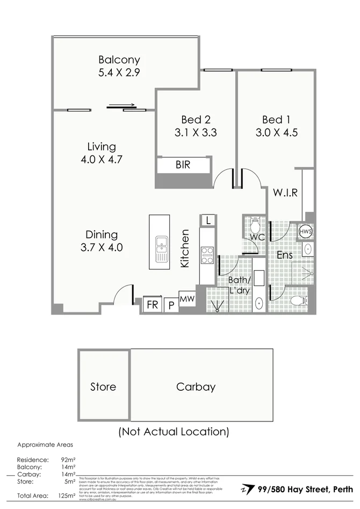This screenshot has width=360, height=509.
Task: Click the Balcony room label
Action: click(x=119, y=60)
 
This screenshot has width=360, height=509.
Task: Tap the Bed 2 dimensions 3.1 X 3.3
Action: click(x=196, y=132)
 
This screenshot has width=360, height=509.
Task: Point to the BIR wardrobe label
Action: click(x=183, y=166)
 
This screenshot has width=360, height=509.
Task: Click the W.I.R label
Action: click(x=285, y=192)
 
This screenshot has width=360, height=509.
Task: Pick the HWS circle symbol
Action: click(x=306, y=231)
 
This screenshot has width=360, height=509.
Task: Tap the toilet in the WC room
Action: click(x=255, y=223)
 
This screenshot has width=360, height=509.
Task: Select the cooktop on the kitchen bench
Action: click(x=207, y=255)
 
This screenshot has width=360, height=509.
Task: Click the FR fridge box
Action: click(x=153, y=305)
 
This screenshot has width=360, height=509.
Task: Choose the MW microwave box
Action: click(x=187, y=298)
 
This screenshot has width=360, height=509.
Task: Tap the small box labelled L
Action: click(x=207, y=220)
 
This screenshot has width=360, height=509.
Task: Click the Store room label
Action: click(x=103, y=386)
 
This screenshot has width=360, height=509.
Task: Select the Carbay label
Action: click(x=196, y=386)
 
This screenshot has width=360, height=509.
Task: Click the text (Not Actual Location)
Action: click(x=174, y=431)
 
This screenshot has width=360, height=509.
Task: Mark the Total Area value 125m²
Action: click(x=68, y=496)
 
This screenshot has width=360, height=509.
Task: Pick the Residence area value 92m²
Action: click(x=68, y=460)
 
